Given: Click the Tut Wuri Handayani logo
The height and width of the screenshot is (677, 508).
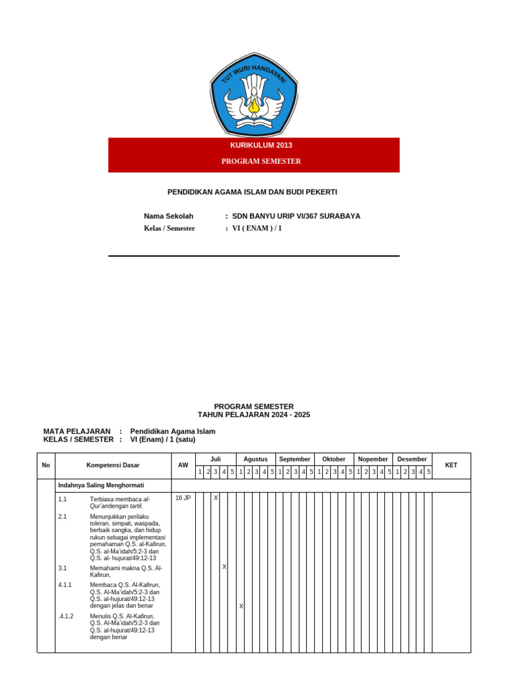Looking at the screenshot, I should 254,95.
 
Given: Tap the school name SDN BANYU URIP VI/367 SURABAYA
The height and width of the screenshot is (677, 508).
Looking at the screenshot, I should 296,216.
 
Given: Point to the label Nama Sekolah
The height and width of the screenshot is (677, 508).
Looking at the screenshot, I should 169,216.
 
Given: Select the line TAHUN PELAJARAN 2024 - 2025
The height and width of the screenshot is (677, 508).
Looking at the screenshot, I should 254,415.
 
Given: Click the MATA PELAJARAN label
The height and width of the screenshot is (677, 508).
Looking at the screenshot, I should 77,431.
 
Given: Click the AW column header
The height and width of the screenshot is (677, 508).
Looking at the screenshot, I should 183,465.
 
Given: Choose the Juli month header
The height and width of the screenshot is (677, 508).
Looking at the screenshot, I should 216,459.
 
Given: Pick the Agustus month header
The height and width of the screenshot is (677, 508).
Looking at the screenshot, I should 255,459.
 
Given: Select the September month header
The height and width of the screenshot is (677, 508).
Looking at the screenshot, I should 294,459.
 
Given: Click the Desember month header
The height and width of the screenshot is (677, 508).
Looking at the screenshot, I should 412,459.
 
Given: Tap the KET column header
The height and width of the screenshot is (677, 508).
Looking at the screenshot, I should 451,465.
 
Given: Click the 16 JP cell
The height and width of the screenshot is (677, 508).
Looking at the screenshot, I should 183,498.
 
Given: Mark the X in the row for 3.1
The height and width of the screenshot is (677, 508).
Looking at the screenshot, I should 224,567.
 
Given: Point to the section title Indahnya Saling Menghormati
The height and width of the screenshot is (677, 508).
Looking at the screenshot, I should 92,485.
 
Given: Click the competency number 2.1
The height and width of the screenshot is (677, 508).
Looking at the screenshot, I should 62,516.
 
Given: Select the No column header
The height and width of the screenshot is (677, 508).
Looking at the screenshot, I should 46,465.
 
